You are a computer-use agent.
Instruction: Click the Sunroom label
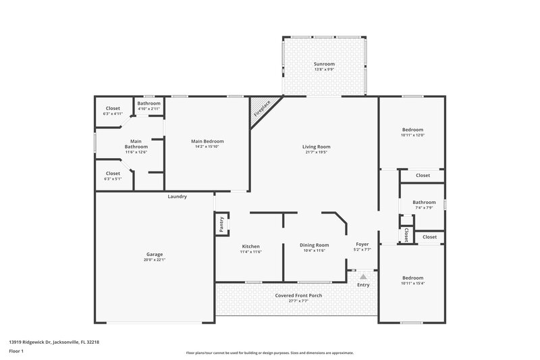(324, 63)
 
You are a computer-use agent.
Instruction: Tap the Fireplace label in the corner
(263, 109)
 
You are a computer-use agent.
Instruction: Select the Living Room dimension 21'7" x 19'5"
(316, 153)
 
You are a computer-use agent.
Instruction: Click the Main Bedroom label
(208, 140)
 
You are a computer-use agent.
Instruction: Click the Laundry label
(178, 197)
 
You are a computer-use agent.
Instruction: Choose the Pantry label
(221, 224)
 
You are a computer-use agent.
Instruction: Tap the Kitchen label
(250, 246)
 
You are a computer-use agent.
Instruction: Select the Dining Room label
(314, 245)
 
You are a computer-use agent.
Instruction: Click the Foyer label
(362, 244)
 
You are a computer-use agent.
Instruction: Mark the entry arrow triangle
(363, 276)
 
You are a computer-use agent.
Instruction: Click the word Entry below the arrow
(363, 285)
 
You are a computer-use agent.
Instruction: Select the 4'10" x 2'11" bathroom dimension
(149, 109)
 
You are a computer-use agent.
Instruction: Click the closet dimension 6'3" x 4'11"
(113, 113)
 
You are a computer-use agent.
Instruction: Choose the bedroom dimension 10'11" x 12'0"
(413, 136)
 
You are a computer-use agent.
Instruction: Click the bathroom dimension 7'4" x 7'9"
(424, 207)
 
